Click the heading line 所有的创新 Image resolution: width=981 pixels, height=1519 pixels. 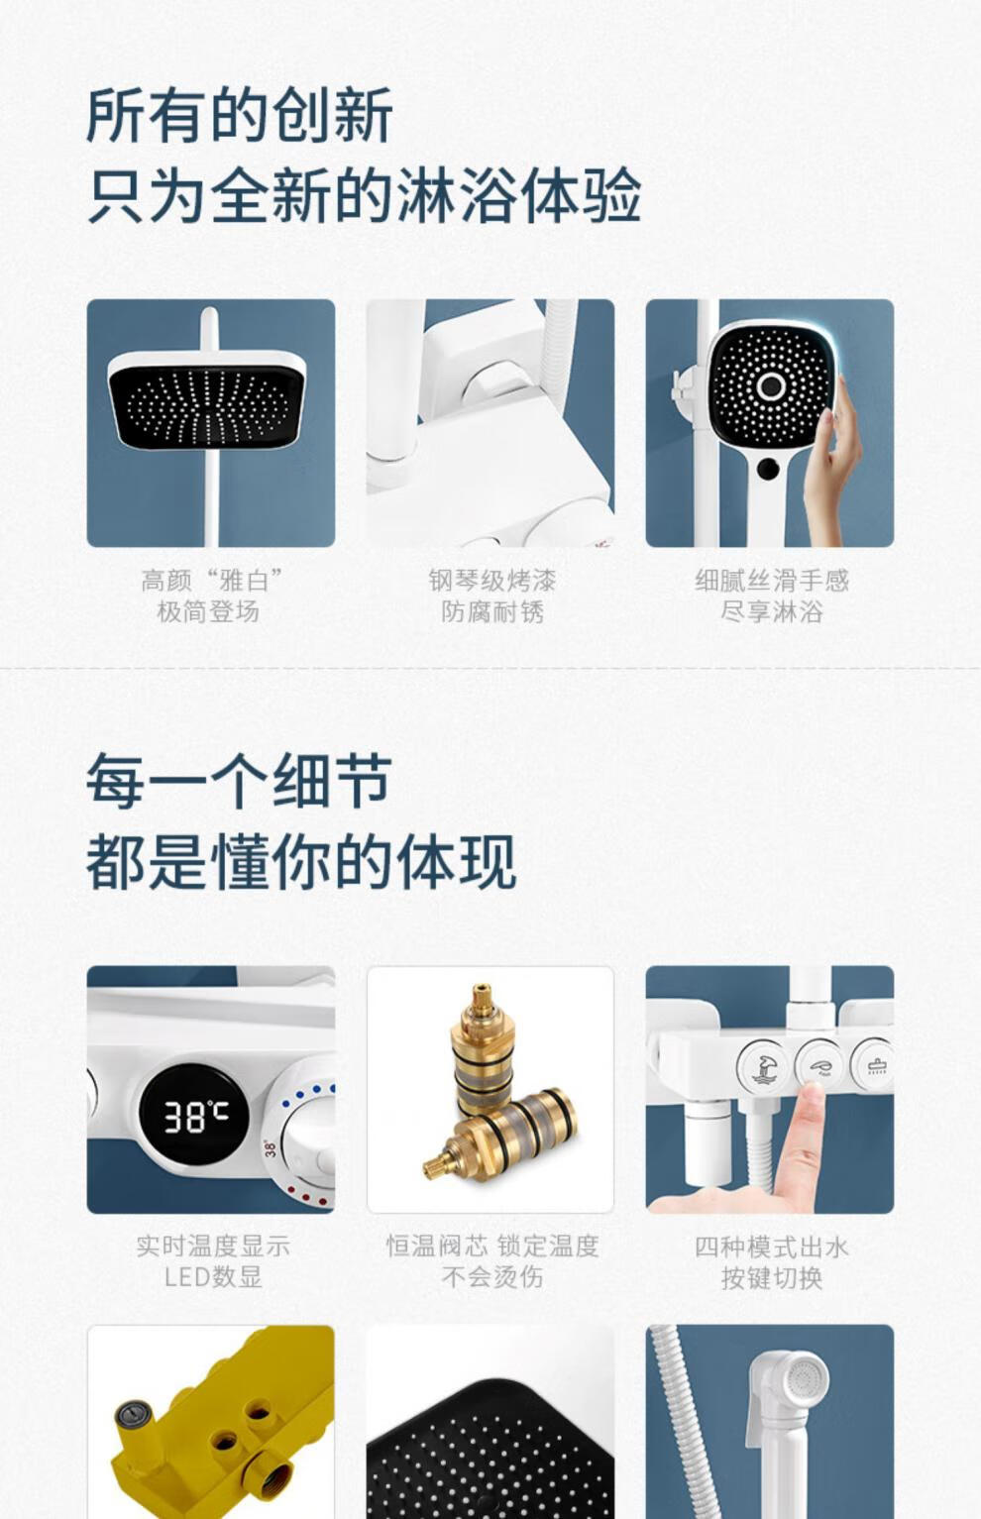pos(240,115)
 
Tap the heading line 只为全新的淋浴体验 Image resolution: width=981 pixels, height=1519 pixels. pos(364,196)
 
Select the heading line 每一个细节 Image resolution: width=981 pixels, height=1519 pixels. pos(239,781)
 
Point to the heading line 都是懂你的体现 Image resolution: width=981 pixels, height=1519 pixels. pos(301,862)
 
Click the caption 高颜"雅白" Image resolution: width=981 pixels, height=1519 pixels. pos(211,580)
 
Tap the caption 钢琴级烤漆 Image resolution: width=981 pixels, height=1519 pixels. pos(491,580)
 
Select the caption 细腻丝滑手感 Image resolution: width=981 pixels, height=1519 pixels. pos(771,580)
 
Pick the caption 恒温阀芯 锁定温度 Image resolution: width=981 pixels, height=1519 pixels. pos(491,1246)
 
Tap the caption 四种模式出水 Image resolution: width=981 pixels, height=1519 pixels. pos(771,1246)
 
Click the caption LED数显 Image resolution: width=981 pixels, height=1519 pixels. pos(212,1277)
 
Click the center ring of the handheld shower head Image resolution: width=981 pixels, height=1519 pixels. pos(771,385)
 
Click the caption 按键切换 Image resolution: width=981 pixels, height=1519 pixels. pos(771,1277)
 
